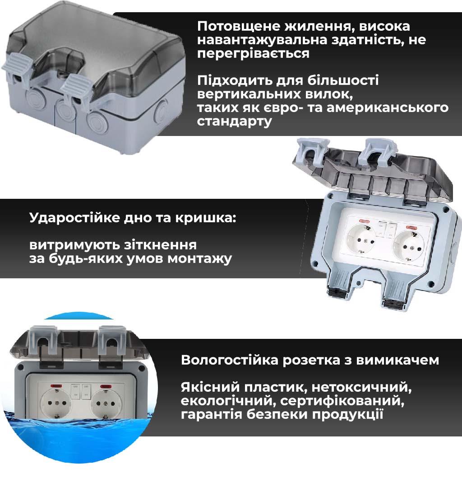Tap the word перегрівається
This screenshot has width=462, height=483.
(253, 53)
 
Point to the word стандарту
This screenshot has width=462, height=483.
(235, 121)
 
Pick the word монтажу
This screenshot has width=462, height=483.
(199, 258)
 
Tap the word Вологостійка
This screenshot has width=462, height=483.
(230, 360)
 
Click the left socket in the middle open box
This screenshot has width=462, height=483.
(361, 239)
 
